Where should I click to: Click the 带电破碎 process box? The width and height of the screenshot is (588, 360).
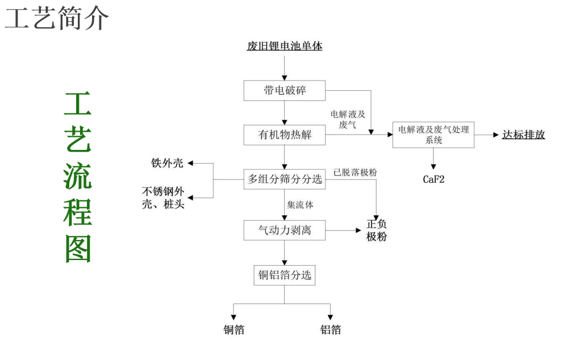[x=285, y=90]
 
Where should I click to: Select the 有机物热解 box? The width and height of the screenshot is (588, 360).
[x=285, y=135]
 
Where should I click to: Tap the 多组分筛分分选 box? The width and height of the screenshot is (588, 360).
[x=285, y=179]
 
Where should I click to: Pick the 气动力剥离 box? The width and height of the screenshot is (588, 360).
[x=285, y=230]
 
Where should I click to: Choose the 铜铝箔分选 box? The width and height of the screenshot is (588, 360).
[x=285, y=275]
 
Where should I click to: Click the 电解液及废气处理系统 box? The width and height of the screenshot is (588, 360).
[x=433, y=135]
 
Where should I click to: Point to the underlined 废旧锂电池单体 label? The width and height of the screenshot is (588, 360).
[x=285, y=46]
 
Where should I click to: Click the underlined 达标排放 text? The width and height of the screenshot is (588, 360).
[x=523, y=135]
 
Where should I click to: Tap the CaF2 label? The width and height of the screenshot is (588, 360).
[x=433, y=179]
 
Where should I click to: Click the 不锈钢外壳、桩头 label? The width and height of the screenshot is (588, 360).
[x=163, y=198]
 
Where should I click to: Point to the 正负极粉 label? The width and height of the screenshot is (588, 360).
[x=376, y=231]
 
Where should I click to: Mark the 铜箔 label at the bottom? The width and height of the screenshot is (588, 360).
[x=233, y=330]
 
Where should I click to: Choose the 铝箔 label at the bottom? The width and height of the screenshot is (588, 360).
[x=331, y=330]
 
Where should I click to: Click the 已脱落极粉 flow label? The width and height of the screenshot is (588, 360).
[x=355, y=172]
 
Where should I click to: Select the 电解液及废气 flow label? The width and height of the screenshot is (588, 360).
[x=348, y=119]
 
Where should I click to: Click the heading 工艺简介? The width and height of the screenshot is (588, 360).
[x=57, y=19]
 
